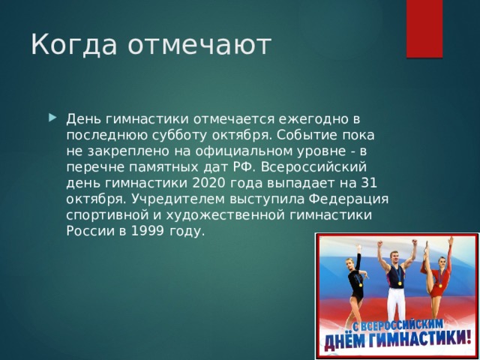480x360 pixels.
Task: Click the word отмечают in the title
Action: point(198,46)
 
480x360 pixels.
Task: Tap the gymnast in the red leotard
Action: point(439,281)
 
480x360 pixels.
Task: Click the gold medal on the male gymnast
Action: point(400,283)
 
